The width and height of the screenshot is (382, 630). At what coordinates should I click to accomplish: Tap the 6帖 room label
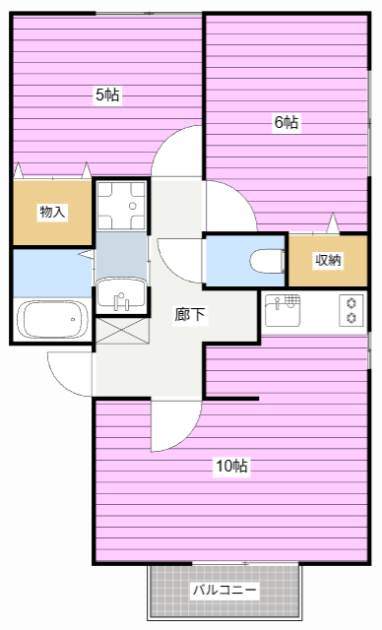click(x=286, y=122)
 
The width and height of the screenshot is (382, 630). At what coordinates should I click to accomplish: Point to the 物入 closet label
click(x=51, y=212)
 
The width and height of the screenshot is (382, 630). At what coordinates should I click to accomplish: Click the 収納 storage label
click(x=327, y=260)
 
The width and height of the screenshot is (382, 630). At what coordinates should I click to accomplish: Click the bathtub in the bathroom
click(x=50, y=319)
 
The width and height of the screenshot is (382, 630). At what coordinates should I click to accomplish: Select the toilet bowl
click(x=266, y=261)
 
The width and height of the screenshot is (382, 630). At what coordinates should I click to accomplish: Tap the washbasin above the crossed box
click(x=121, y=294)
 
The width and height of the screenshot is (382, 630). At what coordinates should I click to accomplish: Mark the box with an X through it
click(x=121, y=330)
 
